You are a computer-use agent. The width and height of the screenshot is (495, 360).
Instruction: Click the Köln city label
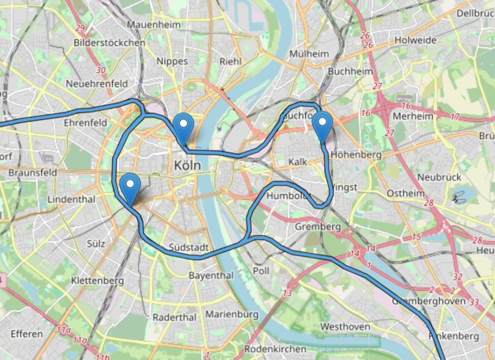tap(188, 165)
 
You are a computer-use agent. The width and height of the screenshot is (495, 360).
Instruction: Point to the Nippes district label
tap(172, 61)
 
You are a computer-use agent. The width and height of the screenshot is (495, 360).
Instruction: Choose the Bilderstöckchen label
tap(109, 43)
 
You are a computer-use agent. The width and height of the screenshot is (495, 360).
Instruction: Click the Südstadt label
tap(186, 247)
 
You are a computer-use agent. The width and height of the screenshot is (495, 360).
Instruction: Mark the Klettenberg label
tap(97, 281)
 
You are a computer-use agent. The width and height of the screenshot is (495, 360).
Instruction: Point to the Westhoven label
tap(345, 327)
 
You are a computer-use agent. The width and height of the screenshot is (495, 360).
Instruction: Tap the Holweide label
tap(415, 40)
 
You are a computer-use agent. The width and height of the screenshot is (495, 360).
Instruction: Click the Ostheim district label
tap(405, 193)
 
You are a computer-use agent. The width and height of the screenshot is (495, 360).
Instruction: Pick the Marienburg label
tap(232, 314)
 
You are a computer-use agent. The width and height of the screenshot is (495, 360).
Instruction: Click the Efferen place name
tap(27, 334)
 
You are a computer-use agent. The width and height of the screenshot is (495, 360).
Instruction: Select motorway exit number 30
tap(101, 70)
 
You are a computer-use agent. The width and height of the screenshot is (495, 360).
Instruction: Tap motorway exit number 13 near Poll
tap(288, 293)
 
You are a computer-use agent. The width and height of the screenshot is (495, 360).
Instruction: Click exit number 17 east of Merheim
tap(455, 117)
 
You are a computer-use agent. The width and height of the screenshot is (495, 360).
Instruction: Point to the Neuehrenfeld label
tap(97, 83)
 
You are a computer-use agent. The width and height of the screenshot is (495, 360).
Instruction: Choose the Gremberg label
tap(318, 227)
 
